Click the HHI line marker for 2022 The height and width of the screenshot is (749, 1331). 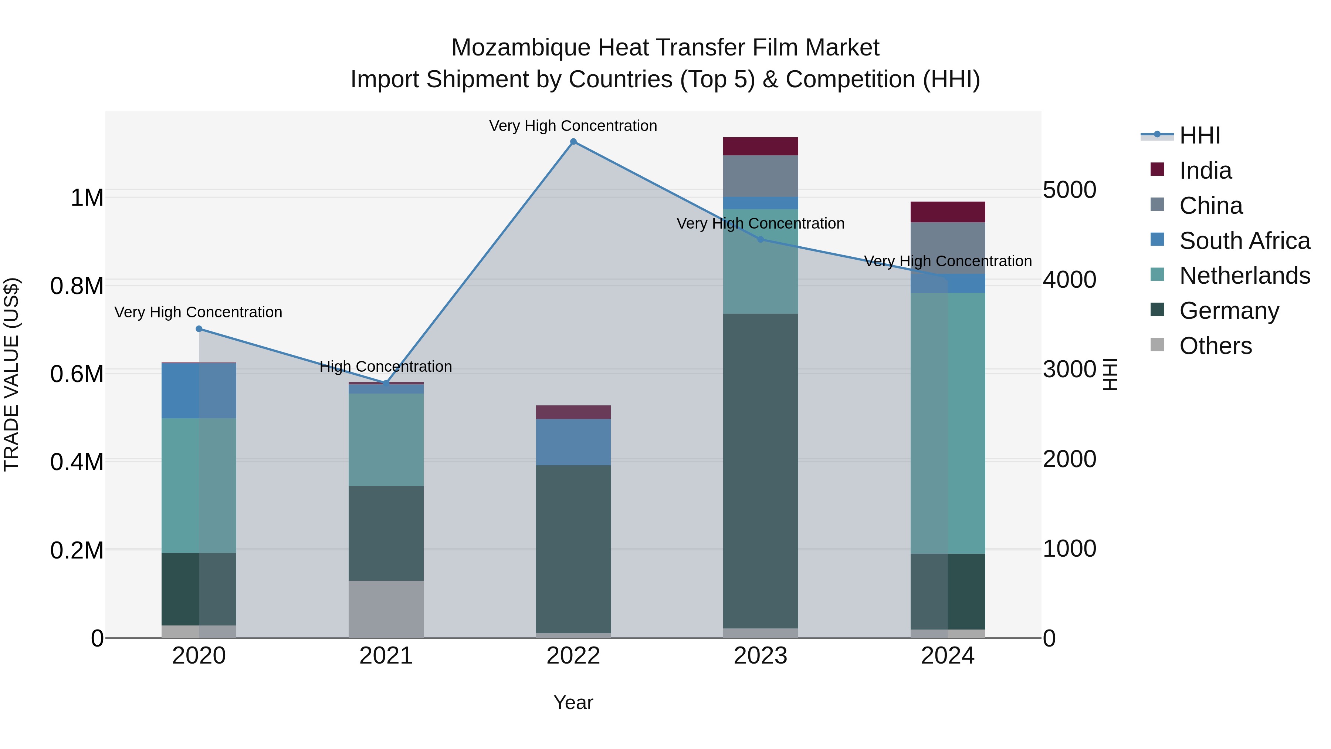coord(573,142)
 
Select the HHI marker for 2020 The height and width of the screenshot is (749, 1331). coord(199,329)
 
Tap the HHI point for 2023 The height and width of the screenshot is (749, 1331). coord(760,239)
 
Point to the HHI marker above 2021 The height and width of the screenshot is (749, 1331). coord(386,383)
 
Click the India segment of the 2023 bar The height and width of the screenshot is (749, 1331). coord(760,146)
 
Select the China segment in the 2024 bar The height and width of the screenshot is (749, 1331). coord(948,248)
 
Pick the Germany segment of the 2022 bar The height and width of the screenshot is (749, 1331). coord(573,549)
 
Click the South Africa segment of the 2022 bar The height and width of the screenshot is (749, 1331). coord(573,442)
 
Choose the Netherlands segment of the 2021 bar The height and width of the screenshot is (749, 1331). coord(386,439)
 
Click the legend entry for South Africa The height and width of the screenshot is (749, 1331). coord(1244,241)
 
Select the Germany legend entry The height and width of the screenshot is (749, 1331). coord(1229,311)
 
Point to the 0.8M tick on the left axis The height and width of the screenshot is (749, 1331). coord(77,286)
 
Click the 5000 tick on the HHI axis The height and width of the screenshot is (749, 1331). coord(1069,190)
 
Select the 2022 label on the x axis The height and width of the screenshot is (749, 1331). coord(573,656)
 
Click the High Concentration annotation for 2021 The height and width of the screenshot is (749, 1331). coord(386,367)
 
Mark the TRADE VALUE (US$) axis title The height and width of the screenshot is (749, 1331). coord(11,374)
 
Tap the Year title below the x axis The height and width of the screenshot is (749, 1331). coord(573,702)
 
